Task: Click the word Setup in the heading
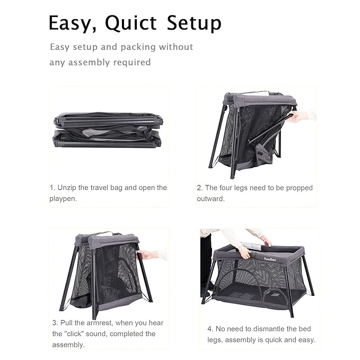coord(194,23)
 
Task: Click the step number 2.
coord(199,188)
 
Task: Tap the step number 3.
coord(54,323)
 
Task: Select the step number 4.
coord(209,329)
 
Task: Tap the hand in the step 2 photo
coord(298,116)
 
